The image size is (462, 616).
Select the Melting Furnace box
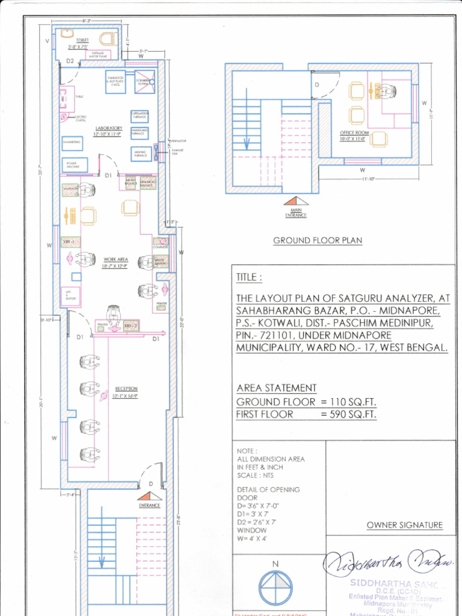[140, 154]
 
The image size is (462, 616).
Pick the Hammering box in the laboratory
[72, 141]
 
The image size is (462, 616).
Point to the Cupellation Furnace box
[139, 116]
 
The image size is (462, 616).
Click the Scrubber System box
[144, 82]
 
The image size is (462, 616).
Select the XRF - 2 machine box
[131, 325]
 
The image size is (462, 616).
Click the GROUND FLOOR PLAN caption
[318, 241]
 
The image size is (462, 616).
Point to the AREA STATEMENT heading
[276, 388]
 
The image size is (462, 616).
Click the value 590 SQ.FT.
[348, 414]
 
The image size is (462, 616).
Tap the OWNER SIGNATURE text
[404, 525]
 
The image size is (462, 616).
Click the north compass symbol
[276, 585]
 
